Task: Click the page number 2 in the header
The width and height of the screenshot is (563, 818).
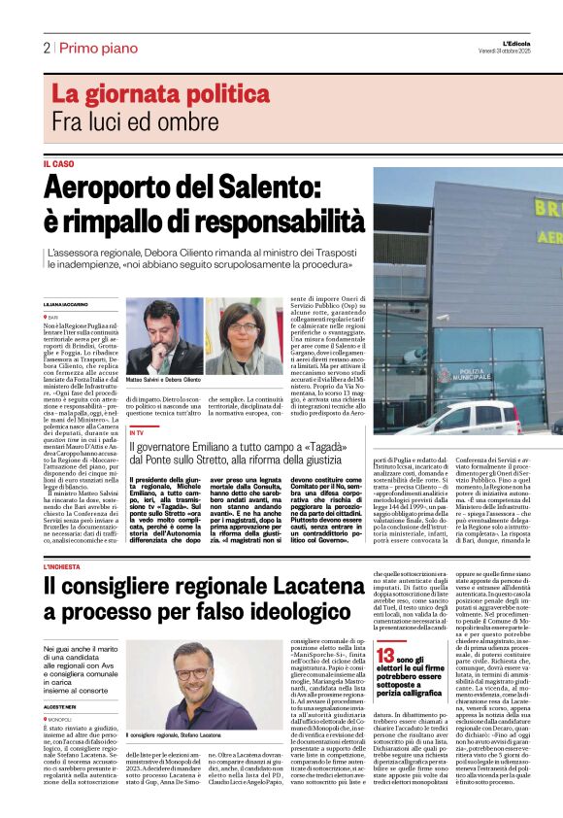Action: pos(46,48)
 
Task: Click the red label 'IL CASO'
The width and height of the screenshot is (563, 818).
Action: pos(58,164)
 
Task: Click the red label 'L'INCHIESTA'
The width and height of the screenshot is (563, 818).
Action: pos(65,566)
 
